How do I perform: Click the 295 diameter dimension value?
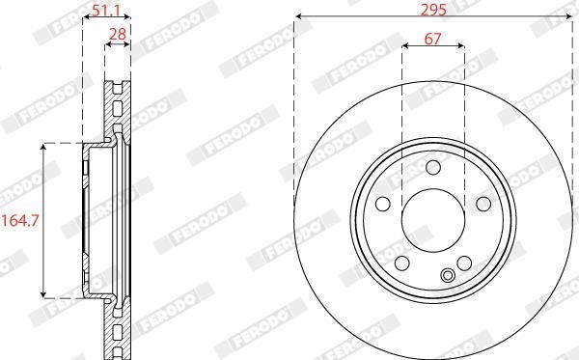tap(433, 9)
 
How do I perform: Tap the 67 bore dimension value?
tap(432, 38)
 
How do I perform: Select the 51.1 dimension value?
tap(106, 10)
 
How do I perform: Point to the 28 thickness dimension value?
tap(118, 34)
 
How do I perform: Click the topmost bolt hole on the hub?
tap(432, 167)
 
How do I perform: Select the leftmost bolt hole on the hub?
tap(382, 204)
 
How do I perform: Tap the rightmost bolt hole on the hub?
tap(483, 204)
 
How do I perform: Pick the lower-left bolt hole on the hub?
tap(401, 263)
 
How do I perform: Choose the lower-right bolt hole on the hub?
tap(464, 263)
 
